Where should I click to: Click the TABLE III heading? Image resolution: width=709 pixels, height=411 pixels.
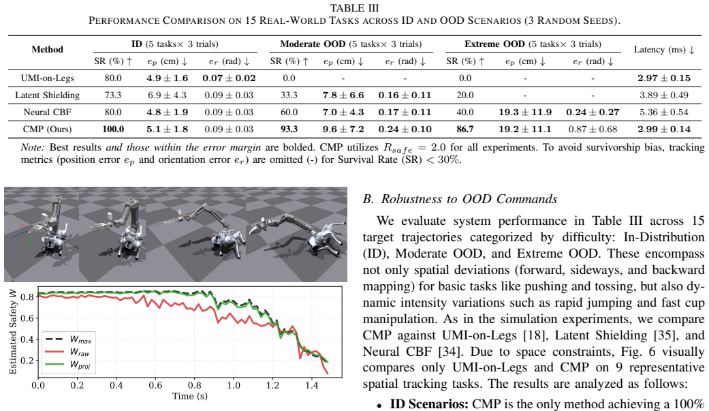(354, 8)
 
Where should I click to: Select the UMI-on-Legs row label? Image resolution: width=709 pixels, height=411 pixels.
(48, 78)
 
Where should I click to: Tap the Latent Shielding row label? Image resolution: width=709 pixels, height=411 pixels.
(48, 95)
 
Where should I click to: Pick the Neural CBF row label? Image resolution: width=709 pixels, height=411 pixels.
(48, 112)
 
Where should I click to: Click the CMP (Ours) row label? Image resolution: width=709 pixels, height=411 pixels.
(48, 129)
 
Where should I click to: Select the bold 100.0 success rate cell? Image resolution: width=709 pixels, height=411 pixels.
(113, 129)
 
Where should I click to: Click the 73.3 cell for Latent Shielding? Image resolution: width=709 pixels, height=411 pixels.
(113, 95)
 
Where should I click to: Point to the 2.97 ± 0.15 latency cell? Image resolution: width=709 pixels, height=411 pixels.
(664, 78)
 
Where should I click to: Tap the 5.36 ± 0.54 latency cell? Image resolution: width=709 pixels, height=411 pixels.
(664, 112)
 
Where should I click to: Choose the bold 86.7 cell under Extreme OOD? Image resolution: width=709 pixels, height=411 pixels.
(464, 129)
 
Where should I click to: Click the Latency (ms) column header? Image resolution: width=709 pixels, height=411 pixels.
(664, 49)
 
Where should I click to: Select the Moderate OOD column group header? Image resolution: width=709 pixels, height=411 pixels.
(351, 44)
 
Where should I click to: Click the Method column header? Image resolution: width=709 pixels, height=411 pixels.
(48, 49)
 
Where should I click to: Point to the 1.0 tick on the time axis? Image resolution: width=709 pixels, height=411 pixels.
(234, 386)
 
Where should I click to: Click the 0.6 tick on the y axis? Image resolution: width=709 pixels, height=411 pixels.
(27, 318)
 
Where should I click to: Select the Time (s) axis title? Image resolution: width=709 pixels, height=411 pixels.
(190, 396)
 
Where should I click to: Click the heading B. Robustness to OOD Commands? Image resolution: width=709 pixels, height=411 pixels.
(460, 199)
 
